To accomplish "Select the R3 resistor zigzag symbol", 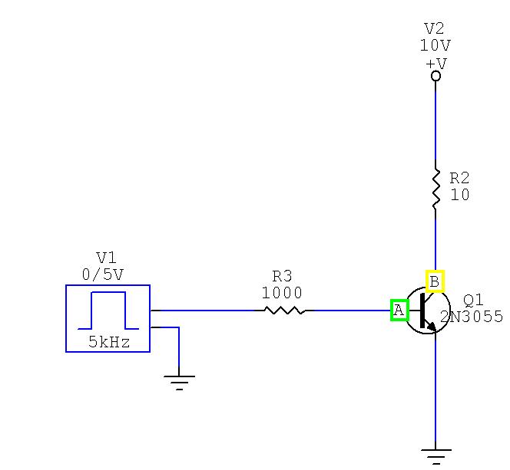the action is tap(284, 311).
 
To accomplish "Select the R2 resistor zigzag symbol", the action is tap(435, 189).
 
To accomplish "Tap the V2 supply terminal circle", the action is tap(435, 76).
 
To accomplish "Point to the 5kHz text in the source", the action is tap(109, 342).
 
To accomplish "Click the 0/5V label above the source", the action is tap(103, 274).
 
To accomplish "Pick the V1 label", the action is tap(106, 258).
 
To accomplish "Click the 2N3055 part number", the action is tap(472, 317).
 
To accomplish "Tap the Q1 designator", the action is tap(473, 301).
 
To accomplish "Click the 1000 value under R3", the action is tap(282, 293).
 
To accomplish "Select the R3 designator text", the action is tap(282, 276).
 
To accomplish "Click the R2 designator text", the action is tap(459, 178).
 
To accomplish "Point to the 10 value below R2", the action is tap(460, 195).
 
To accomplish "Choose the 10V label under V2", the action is tap(435, 45).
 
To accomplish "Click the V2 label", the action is tap(435, 28).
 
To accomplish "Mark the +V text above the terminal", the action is tap(436, 64).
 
